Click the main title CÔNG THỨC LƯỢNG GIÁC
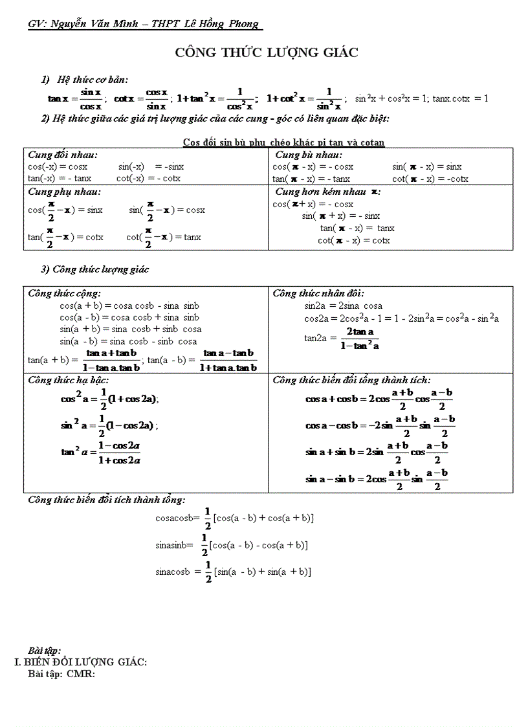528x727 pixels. pos(266,53)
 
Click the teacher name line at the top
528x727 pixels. pos(144,24)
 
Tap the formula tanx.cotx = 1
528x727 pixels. pos(460,98)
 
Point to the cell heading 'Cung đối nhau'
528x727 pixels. pos(63,155)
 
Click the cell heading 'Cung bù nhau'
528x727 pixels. pos(309,155)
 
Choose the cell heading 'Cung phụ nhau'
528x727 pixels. pos(64,192)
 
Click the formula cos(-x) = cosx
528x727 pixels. pos(58,166)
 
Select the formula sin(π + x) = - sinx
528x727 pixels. pos(341,216)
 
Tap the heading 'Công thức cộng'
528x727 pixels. pos(64,293)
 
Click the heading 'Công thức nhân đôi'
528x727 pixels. pos(318,293)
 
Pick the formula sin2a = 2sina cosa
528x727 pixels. pos(343,306)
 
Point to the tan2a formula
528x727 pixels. pos(342,338)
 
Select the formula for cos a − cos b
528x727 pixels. pos(380,425)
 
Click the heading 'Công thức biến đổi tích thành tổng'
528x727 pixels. pos(107,500)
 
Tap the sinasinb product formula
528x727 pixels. pos(231,545)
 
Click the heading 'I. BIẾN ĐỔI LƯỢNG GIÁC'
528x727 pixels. pos(81,662)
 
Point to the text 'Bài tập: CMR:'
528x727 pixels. pos(61,674)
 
